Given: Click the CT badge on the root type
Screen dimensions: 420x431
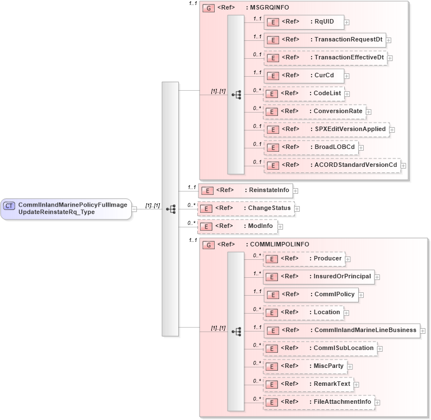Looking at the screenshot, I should (10, 206).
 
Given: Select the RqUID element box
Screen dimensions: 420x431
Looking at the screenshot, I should (304, 22).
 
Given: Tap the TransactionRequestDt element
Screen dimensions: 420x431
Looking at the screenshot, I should (325, 40).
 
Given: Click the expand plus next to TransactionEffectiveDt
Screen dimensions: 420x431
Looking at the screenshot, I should (390, 58).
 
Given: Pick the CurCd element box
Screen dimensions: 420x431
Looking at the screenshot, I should (304, 76).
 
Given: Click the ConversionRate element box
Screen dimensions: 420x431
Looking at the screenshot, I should (314, 111).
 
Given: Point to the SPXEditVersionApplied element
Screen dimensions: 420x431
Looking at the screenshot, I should (326, 129).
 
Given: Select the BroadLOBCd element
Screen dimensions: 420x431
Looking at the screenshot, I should (311, 147).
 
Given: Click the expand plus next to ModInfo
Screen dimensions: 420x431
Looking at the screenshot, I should (281, 226).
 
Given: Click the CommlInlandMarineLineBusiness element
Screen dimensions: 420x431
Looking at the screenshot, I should (342, 330).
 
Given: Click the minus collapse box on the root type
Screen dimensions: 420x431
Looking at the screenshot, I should (135, 209).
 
